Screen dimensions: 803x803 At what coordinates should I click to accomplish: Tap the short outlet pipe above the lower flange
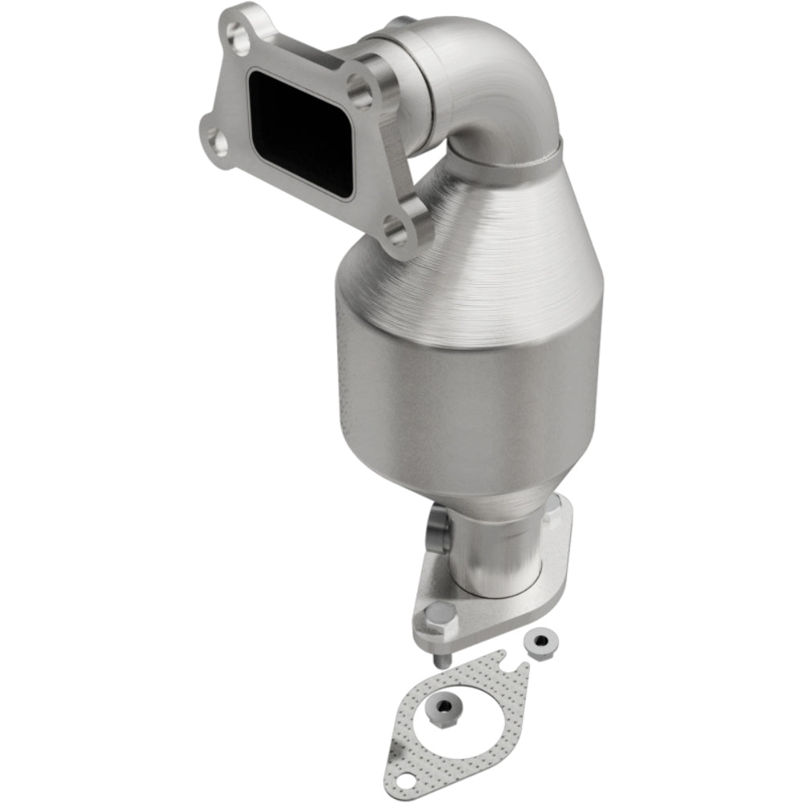tap(490, 554)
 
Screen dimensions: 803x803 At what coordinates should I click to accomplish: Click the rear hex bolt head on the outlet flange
tap(556, 515)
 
